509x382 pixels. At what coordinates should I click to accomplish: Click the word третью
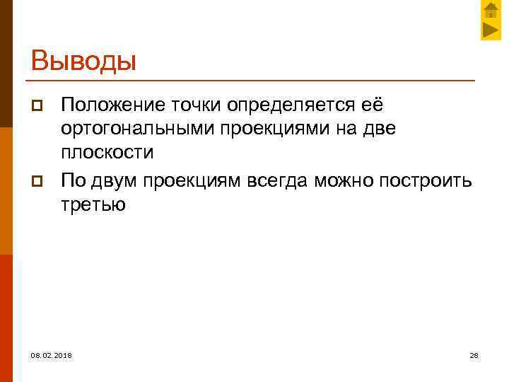[x=93, y=204]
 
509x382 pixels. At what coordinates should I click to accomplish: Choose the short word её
[x=372, y=105]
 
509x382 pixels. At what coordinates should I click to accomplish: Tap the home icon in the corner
[x=491, y=11]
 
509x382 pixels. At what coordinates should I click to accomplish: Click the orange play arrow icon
[x=491, y=30]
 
